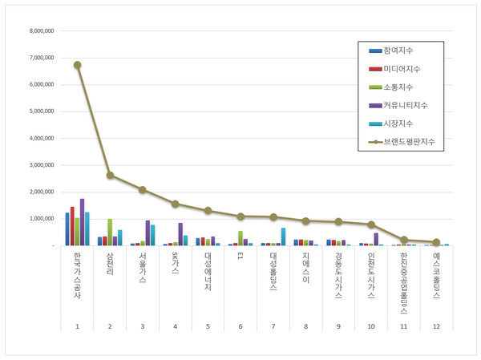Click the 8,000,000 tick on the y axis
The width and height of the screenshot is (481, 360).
[39, 31]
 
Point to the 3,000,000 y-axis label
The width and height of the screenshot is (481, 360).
[39, 165]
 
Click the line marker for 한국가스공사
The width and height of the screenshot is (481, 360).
[77, 65]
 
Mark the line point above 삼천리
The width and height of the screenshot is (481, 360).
[110, 175]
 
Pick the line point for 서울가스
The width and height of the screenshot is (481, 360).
[143, 190]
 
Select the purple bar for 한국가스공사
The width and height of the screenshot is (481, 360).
[82, 222]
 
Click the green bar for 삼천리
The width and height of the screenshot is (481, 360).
[110, 232]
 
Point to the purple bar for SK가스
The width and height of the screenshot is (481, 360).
[180, 234]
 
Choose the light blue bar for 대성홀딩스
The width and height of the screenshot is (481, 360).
[283, 237]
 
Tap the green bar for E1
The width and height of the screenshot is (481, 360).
[240, 238]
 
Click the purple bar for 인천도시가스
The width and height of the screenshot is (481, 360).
[375, 239]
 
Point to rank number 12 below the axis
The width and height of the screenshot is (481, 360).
[436, 326]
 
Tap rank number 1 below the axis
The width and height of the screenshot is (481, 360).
[77, 326]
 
